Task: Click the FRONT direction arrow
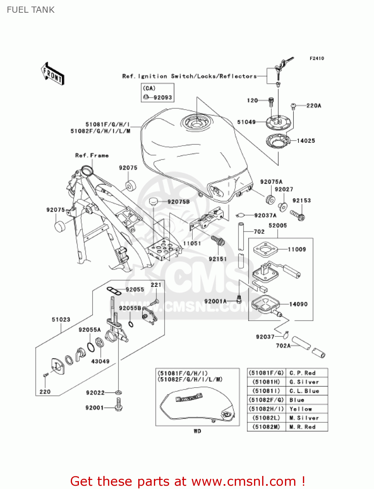click(52, 74)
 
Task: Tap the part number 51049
click(246, 122)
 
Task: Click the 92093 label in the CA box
click(162, 97)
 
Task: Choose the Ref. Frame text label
click(92, 156)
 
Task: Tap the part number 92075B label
click(178, 202)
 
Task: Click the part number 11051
click(192, 243)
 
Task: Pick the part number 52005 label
click(277, 226)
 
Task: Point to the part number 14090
click(298, 304)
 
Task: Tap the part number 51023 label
click(61, 319)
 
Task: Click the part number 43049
click(100, 361)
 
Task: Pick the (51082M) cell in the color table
click(266, 427)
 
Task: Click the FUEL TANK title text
click(31, 10)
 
